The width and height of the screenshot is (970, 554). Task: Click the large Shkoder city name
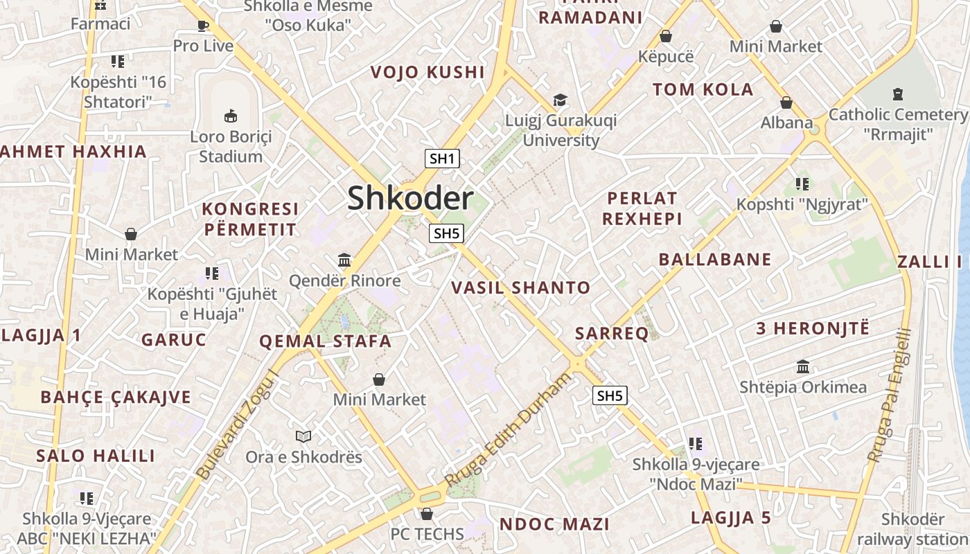tap(410, 199)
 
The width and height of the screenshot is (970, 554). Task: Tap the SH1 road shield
tap(442, 159)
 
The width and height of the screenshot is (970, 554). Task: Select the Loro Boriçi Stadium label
tap(230, 146)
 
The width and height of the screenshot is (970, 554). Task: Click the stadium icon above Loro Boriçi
tap(231, 116)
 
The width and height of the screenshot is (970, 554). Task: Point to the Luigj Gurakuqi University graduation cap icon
tap(560, 100)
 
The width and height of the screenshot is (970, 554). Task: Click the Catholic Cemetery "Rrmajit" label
tap(898, 124)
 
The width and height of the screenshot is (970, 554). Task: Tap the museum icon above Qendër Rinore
tap(344, 260)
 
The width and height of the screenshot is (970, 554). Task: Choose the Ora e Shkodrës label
tap(303, 457)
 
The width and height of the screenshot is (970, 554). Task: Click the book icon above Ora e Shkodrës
tap(303, 436)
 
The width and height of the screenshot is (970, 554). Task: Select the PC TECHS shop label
tap(427, 534)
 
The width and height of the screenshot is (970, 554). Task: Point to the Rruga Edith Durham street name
tap(509, 429)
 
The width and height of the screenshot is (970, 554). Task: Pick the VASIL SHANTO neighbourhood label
tap(521, 288)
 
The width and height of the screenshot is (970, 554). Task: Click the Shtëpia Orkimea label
tap(803, 387)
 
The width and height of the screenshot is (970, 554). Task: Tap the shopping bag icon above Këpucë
tap(666, 36)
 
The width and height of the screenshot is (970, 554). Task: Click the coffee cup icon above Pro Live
tap(202, 26)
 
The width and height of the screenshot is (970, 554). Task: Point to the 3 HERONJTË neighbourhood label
tap(812, 328)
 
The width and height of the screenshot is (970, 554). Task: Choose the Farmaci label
tap(100, 24)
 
